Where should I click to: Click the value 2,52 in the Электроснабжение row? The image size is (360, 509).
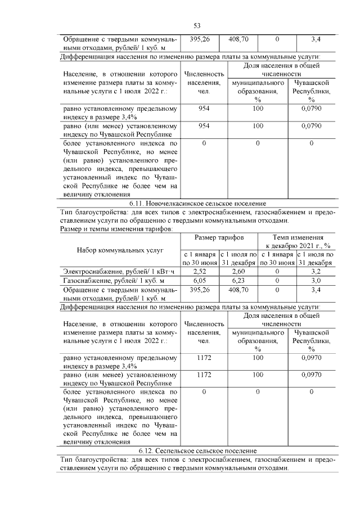199,271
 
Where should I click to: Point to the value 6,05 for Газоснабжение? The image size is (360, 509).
199,280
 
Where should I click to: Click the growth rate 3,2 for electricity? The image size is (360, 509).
316,271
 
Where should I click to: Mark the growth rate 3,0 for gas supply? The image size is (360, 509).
316,280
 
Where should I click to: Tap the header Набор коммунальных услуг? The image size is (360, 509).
120,249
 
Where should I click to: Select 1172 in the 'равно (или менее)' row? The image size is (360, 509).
204,373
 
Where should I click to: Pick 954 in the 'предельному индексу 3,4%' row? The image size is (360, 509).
204,108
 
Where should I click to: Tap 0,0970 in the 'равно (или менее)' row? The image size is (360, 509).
311,373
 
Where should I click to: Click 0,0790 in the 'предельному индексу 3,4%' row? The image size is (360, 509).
311,108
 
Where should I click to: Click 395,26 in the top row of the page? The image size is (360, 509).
200,39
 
